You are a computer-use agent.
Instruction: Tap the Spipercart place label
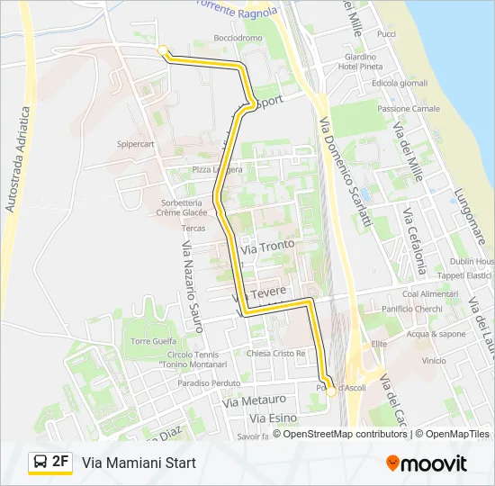136,143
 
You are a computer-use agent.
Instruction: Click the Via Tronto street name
267,246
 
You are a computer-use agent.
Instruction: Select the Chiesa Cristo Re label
276,354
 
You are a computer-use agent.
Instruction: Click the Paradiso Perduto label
206,382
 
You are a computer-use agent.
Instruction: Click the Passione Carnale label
409,108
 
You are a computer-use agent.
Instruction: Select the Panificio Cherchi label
411,309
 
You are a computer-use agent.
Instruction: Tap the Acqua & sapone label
436,334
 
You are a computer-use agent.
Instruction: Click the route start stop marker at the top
162,50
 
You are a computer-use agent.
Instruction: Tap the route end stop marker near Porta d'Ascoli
331,391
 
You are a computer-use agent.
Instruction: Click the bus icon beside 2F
40,463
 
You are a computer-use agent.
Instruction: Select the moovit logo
427,463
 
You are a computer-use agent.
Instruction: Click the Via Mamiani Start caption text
139,463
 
